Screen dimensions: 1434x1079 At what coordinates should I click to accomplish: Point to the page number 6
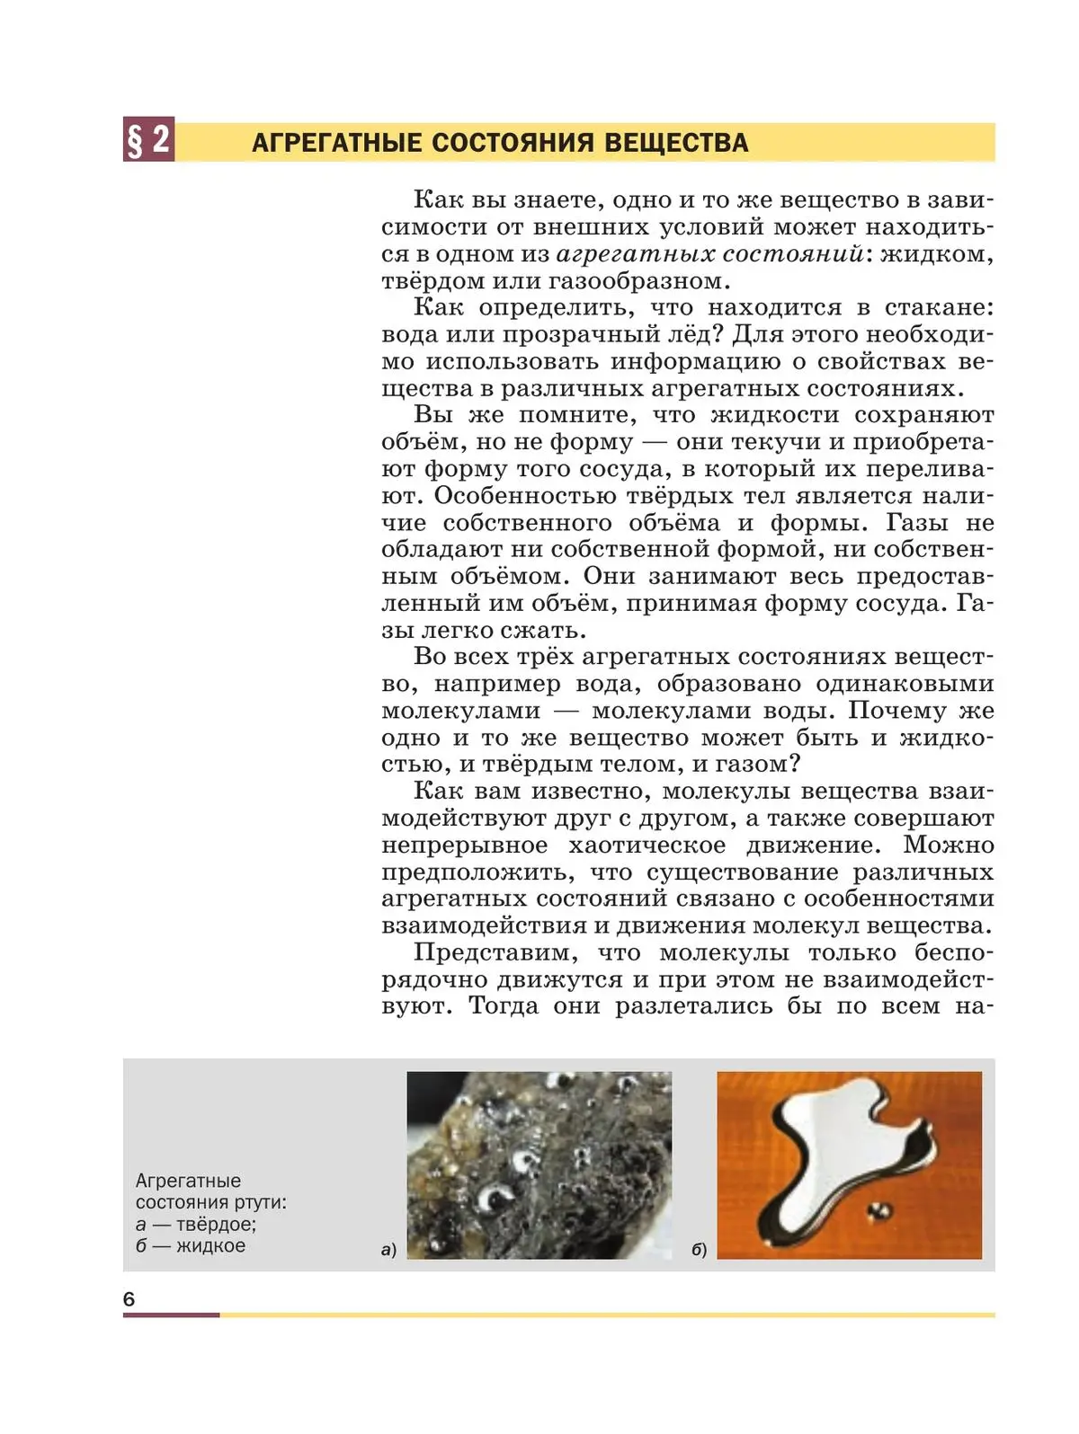point(129,1298)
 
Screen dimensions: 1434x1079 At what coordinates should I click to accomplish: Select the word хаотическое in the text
point(647,845)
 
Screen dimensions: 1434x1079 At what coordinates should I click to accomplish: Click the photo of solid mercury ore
point(539,1164)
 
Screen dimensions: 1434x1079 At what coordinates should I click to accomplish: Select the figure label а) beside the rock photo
point(388,1250)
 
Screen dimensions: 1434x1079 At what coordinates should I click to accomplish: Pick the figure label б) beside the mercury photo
point(699,1250)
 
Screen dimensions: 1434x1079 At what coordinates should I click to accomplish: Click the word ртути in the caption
point(261,1203)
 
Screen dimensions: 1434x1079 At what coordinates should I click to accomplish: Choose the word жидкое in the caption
point(210,1246)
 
